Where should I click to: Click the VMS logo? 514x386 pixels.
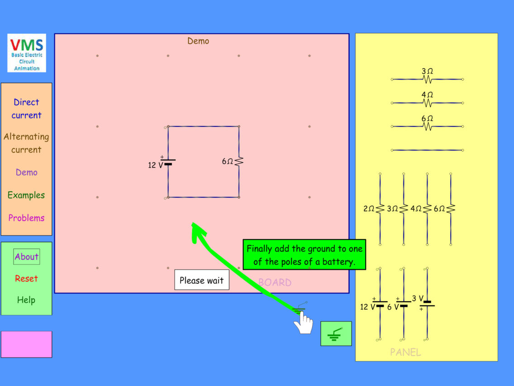point(27,53)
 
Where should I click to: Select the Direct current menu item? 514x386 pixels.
point(26,109)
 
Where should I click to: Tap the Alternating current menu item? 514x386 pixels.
point(26,143)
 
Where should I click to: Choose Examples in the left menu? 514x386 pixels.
point(26,195)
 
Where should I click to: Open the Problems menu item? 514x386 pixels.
point(26,218)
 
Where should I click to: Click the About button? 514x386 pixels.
point(27,257)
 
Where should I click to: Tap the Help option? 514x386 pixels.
point(26,300)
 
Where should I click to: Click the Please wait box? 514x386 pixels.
point(202,280)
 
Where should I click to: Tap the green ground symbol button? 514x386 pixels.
point(336,334)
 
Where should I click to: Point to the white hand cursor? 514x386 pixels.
point(303,323)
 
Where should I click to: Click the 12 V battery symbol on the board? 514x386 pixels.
point(168,162)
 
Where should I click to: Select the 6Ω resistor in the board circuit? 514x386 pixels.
point(238,161)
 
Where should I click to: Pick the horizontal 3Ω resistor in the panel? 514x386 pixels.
point(427,79)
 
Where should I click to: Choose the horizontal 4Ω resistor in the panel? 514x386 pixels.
point(427,103)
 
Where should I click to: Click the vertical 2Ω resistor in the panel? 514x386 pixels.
point(380,209)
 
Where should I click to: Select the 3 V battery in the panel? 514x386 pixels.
point(427,304)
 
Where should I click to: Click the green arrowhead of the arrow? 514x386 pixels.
point(197,231)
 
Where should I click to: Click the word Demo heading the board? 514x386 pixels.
point(198,41)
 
